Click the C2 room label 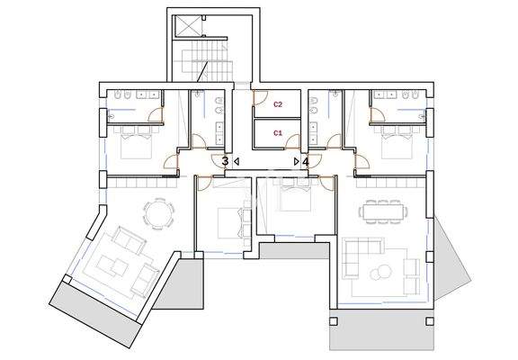pyautogui.click(x=278, y=104)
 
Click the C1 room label pyautogui.click(x=278, y=133)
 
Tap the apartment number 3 pyautogui.click(x=226, y=162)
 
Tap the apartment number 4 pyautogui.click(x=306, y=162)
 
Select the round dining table pyautogui.click(x=158, y=213)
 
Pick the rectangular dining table pyautogui.click(x=383, y=211)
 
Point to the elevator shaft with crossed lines pyautogui.click(x=187, y=25)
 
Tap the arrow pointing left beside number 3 pyautogui.click(x=237, y=162)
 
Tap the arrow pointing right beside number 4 pyautogui.click(x=297, y=162)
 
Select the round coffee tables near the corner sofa pyautogui.click(x=381, y=272)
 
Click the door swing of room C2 pyautogui.click(x=259, y=98)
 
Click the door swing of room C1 pyautogui.click(x=293, y=142)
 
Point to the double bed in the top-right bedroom pyautogui.click(x=397, y=147)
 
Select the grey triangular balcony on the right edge pyautogui.click(x=451, y=257)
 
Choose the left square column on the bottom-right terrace pyautogui.click(x=334, y=321)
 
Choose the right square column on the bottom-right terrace pyautogui.click(x=430, y=321)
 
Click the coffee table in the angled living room pyautogui.click(x=113, y=265)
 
